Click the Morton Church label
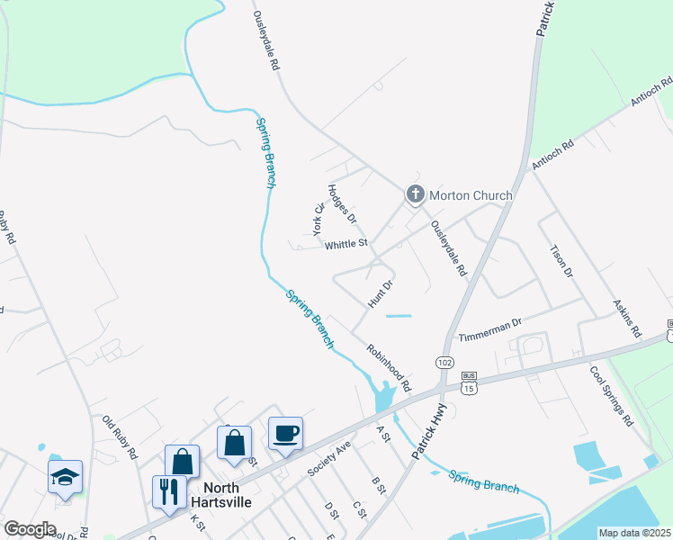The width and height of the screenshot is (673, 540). [x=471, y=195]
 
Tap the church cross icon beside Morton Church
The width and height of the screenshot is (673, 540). [x=415, y=193]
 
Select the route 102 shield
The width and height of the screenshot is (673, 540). [x=444, y=362]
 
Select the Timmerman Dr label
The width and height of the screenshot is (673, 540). [x=490, y=329]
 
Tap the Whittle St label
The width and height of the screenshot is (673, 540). [x=346, y=244]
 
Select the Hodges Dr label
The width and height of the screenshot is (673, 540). [x=343, y=204]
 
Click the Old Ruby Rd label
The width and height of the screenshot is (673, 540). [x=120, y=436]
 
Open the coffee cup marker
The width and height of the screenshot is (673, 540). [x=286, y=434]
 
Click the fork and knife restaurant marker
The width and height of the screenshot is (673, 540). [x=169, y=492]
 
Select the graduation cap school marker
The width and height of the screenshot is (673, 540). [x=65, y=477]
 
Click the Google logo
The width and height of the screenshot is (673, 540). [x=30, y=528]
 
